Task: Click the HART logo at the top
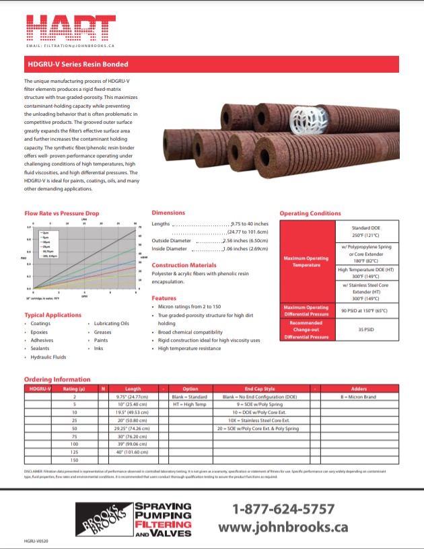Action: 71,27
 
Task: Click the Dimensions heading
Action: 168,213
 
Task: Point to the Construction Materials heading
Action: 184,265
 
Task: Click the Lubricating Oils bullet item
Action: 111,324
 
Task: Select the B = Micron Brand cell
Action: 357,397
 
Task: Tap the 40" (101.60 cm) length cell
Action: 133,453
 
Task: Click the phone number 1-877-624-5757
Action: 283,509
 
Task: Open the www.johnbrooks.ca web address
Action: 283,527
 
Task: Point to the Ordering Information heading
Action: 57,379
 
